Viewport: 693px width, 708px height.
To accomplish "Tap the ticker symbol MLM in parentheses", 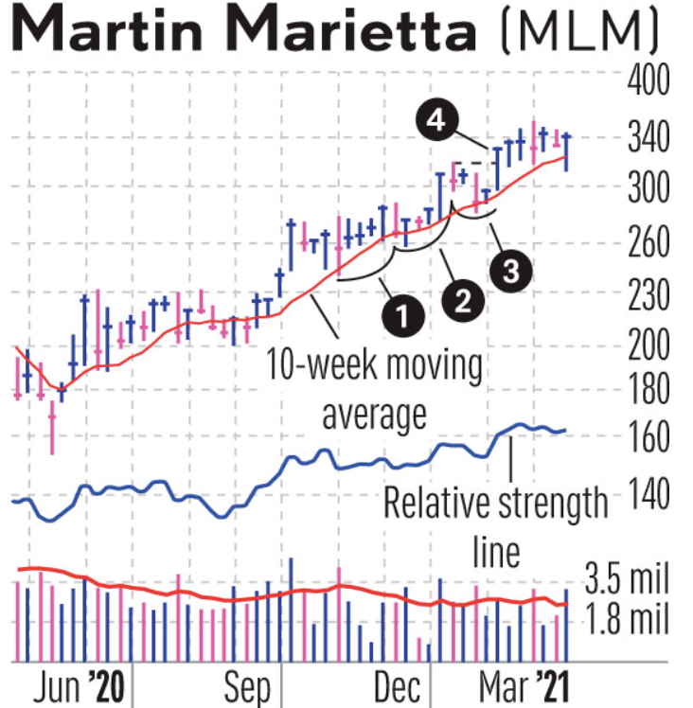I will click(577, 34).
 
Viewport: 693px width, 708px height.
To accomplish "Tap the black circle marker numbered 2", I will click(463, 300).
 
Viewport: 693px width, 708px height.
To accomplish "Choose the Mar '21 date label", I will click(517, 685).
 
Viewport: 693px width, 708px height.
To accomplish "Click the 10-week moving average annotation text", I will click(373, 388).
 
